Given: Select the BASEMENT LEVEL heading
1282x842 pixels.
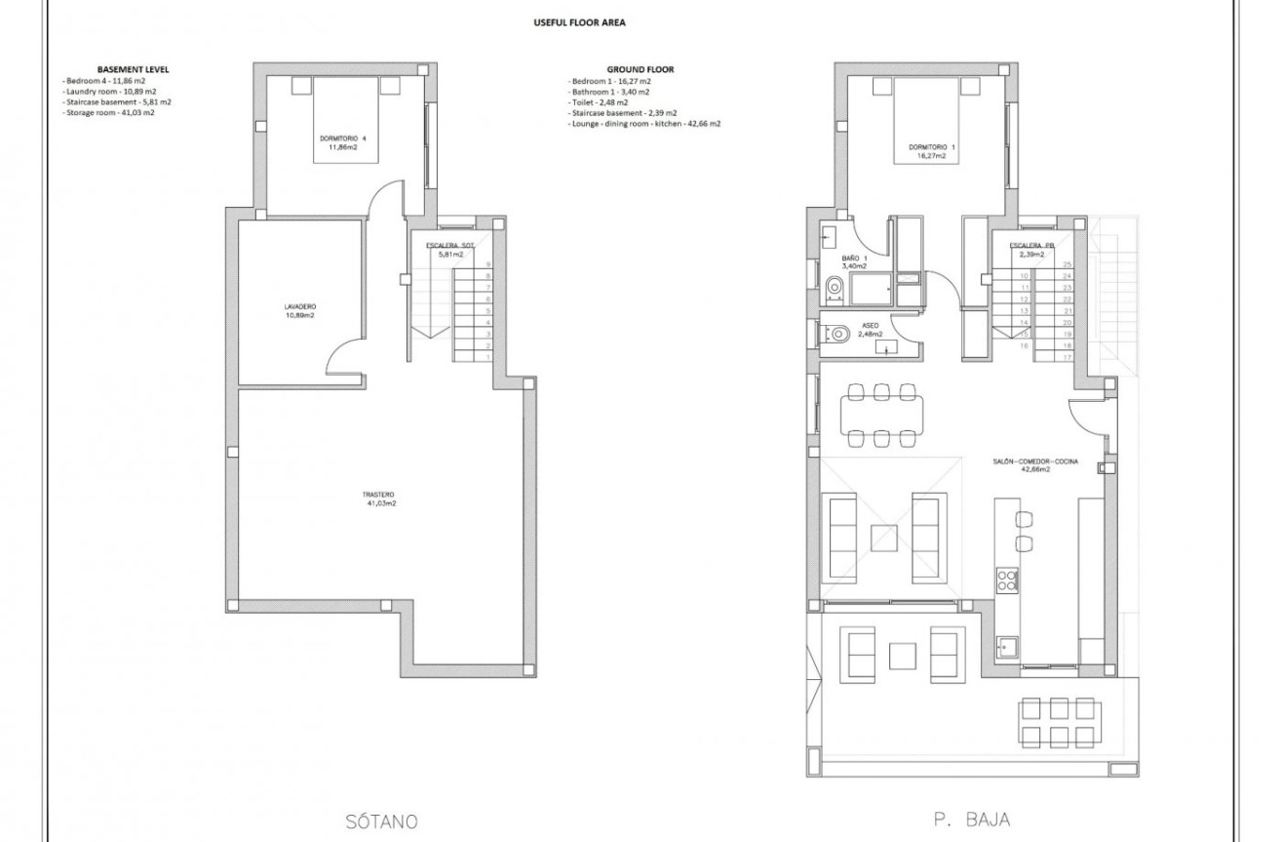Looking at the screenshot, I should pos(133,69).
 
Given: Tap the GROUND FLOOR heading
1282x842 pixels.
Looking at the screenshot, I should pos(640,69).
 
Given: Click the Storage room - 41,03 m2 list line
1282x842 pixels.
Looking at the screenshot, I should pos(109,112).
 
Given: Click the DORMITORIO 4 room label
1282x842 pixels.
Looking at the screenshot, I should pos(344,138).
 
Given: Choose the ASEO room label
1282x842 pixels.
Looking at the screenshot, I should pos(870,328).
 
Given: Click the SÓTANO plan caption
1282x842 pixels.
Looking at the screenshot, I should pos(381,822).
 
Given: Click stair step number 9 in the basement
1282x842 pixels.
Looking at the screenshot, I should pos(487,264).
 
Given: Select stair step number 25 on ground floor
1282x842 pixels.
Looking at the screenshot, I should pos(1068,264).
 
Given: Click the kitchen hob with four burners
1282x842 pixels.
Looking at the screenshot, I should pos(1006,581).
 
